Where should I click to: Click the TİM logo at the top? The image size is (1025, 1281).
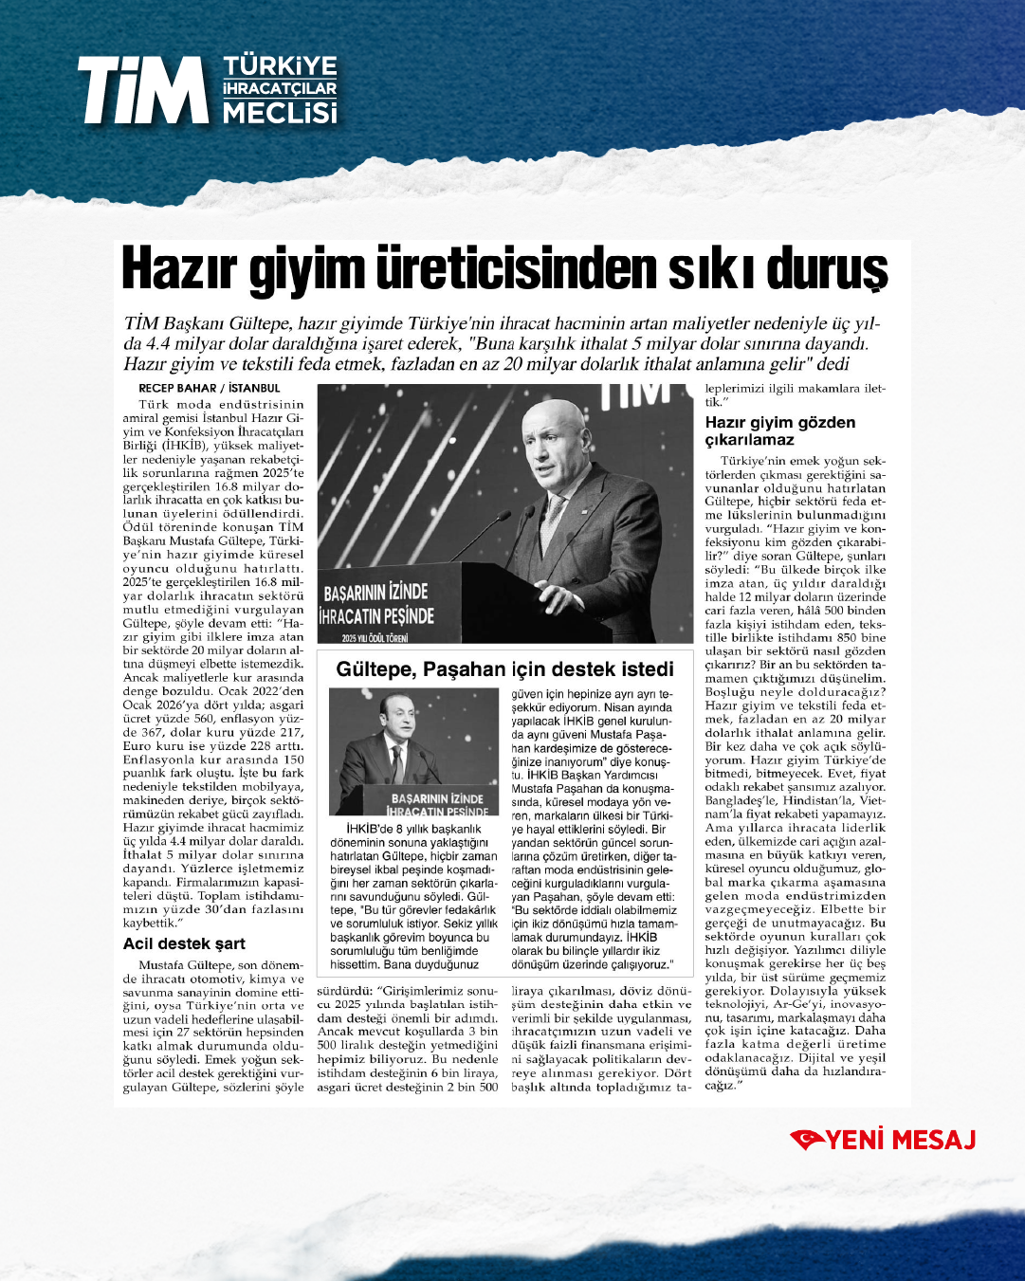[x=207, y=90]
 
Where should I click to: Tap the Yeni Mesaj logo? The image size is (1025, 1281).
[x=884, y=1140]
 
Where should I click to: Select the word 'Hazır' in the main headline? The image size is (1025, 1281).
[x=180, y=269]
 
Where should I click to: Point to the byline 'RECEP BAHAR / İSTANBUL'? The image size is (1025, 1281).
[x=210, y=388]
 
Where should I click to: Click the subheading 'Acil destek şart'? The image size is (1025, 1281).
[x=184, y=943]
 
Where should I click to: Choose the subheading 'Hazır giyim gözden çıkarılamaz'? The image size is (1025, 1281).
[x=779, y=431]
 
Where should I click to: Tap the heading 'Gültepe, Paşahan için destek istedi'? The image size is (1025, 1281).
[x=504, y=669]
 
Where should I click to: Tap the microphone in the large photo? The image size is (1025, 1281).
[x=485, y=524]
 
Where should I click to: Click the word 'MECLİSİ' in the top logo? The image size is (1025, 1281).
[x=280, y=113]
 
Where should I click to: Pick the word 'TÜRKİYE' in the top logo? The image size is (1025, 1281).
[x=280, y=66]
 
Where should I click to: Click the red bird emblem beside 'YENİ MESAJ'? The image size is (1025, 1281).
[x=807, y=1140]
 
